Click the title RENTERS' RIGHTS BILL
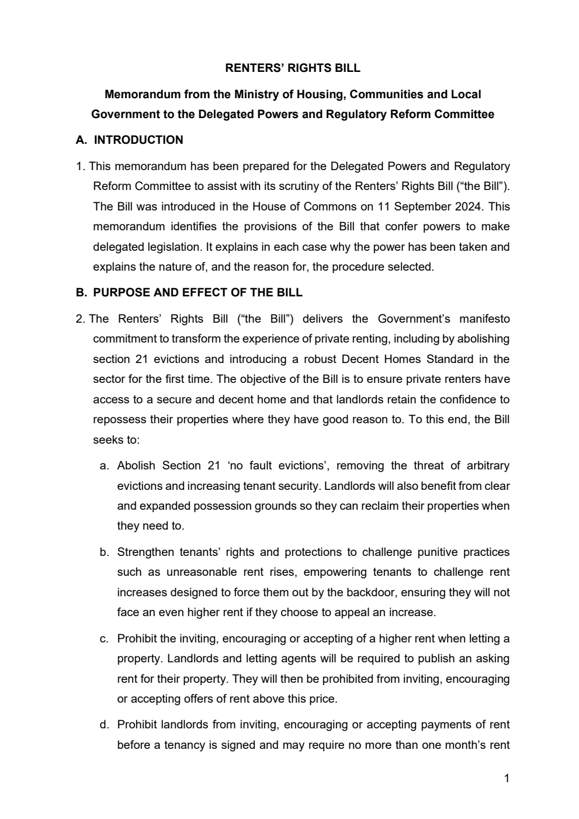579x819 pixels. coord(293,68)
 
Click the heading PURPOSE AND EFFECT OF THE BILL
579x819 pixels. coord(197,292)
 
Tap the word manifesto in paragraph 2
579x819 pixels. coord(484,319)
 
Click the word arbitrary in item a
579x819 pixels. coord(488,466)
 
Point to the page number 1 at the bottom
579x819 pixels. coord(507,778)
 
